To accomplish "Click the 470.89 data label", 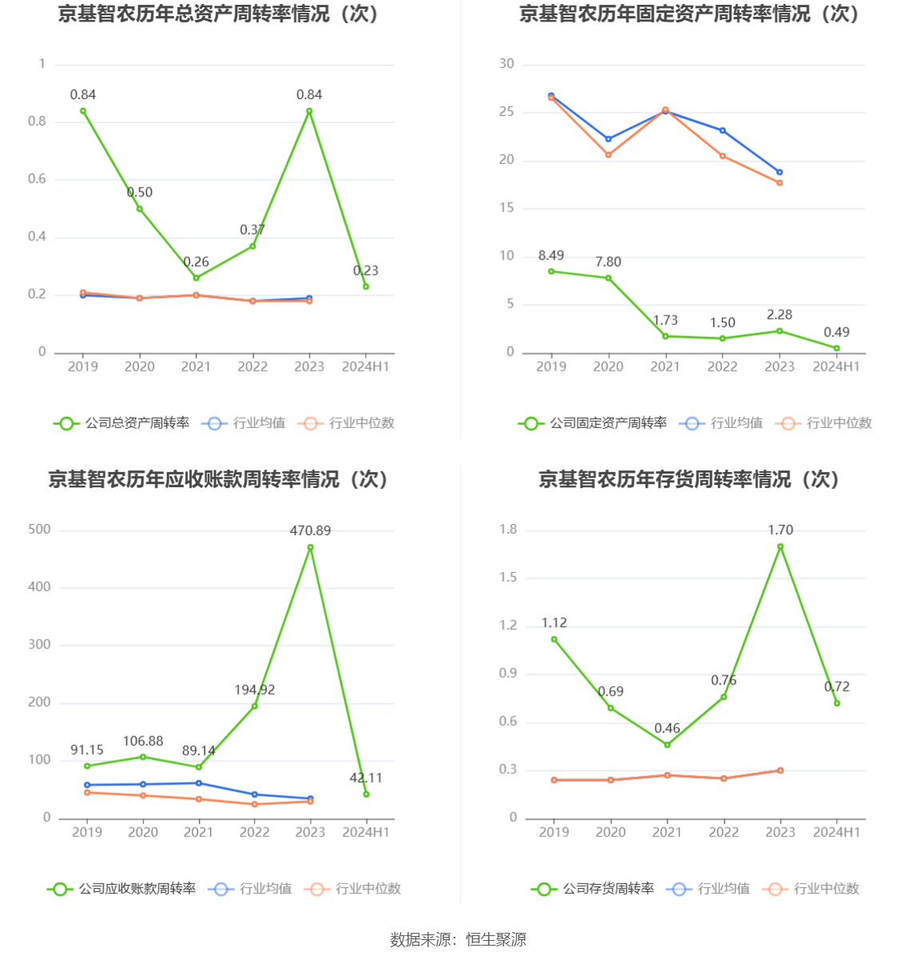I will pos(310,530).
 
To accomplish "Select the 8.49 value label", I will pos(550,256).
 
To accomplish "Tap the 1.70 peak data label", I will pos(780,530).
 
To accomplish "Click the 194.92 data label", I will pos(254,689).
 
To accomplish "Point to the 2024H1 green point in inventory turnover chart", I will pos(837,703).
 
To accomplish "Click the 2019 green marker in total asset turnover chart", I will pos(83,111).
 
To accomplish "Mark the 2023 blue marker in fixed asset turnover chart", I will pos(779,172).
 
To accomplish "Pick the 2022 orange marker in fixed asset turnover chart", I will pos(723,156).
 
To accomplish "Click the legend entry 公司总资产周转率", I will pos(122,423).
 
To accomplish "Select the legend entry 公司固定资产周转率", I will pos(593,423).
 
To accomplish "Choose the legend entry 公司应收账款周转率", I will pos(122,889).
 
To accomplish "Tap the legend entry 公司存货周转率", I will pos(593,889).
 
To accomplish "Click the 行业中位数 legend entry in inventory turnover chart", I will pos(811,889).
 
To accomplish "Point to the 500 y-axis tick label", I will pos(39,530).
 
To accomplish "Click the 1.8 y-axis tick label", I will pos(508,530).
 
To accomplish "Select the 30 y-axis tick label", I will pos(506,64).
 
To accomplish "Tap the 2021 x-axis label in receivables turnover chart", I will pos(199,832).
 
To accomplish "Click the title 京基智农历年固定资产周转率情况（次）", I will pos(688,14).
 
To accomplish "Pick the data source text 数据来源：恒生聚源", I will pos(458,939).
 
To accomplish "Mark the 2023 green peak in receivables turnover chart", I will pos(311,548).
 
